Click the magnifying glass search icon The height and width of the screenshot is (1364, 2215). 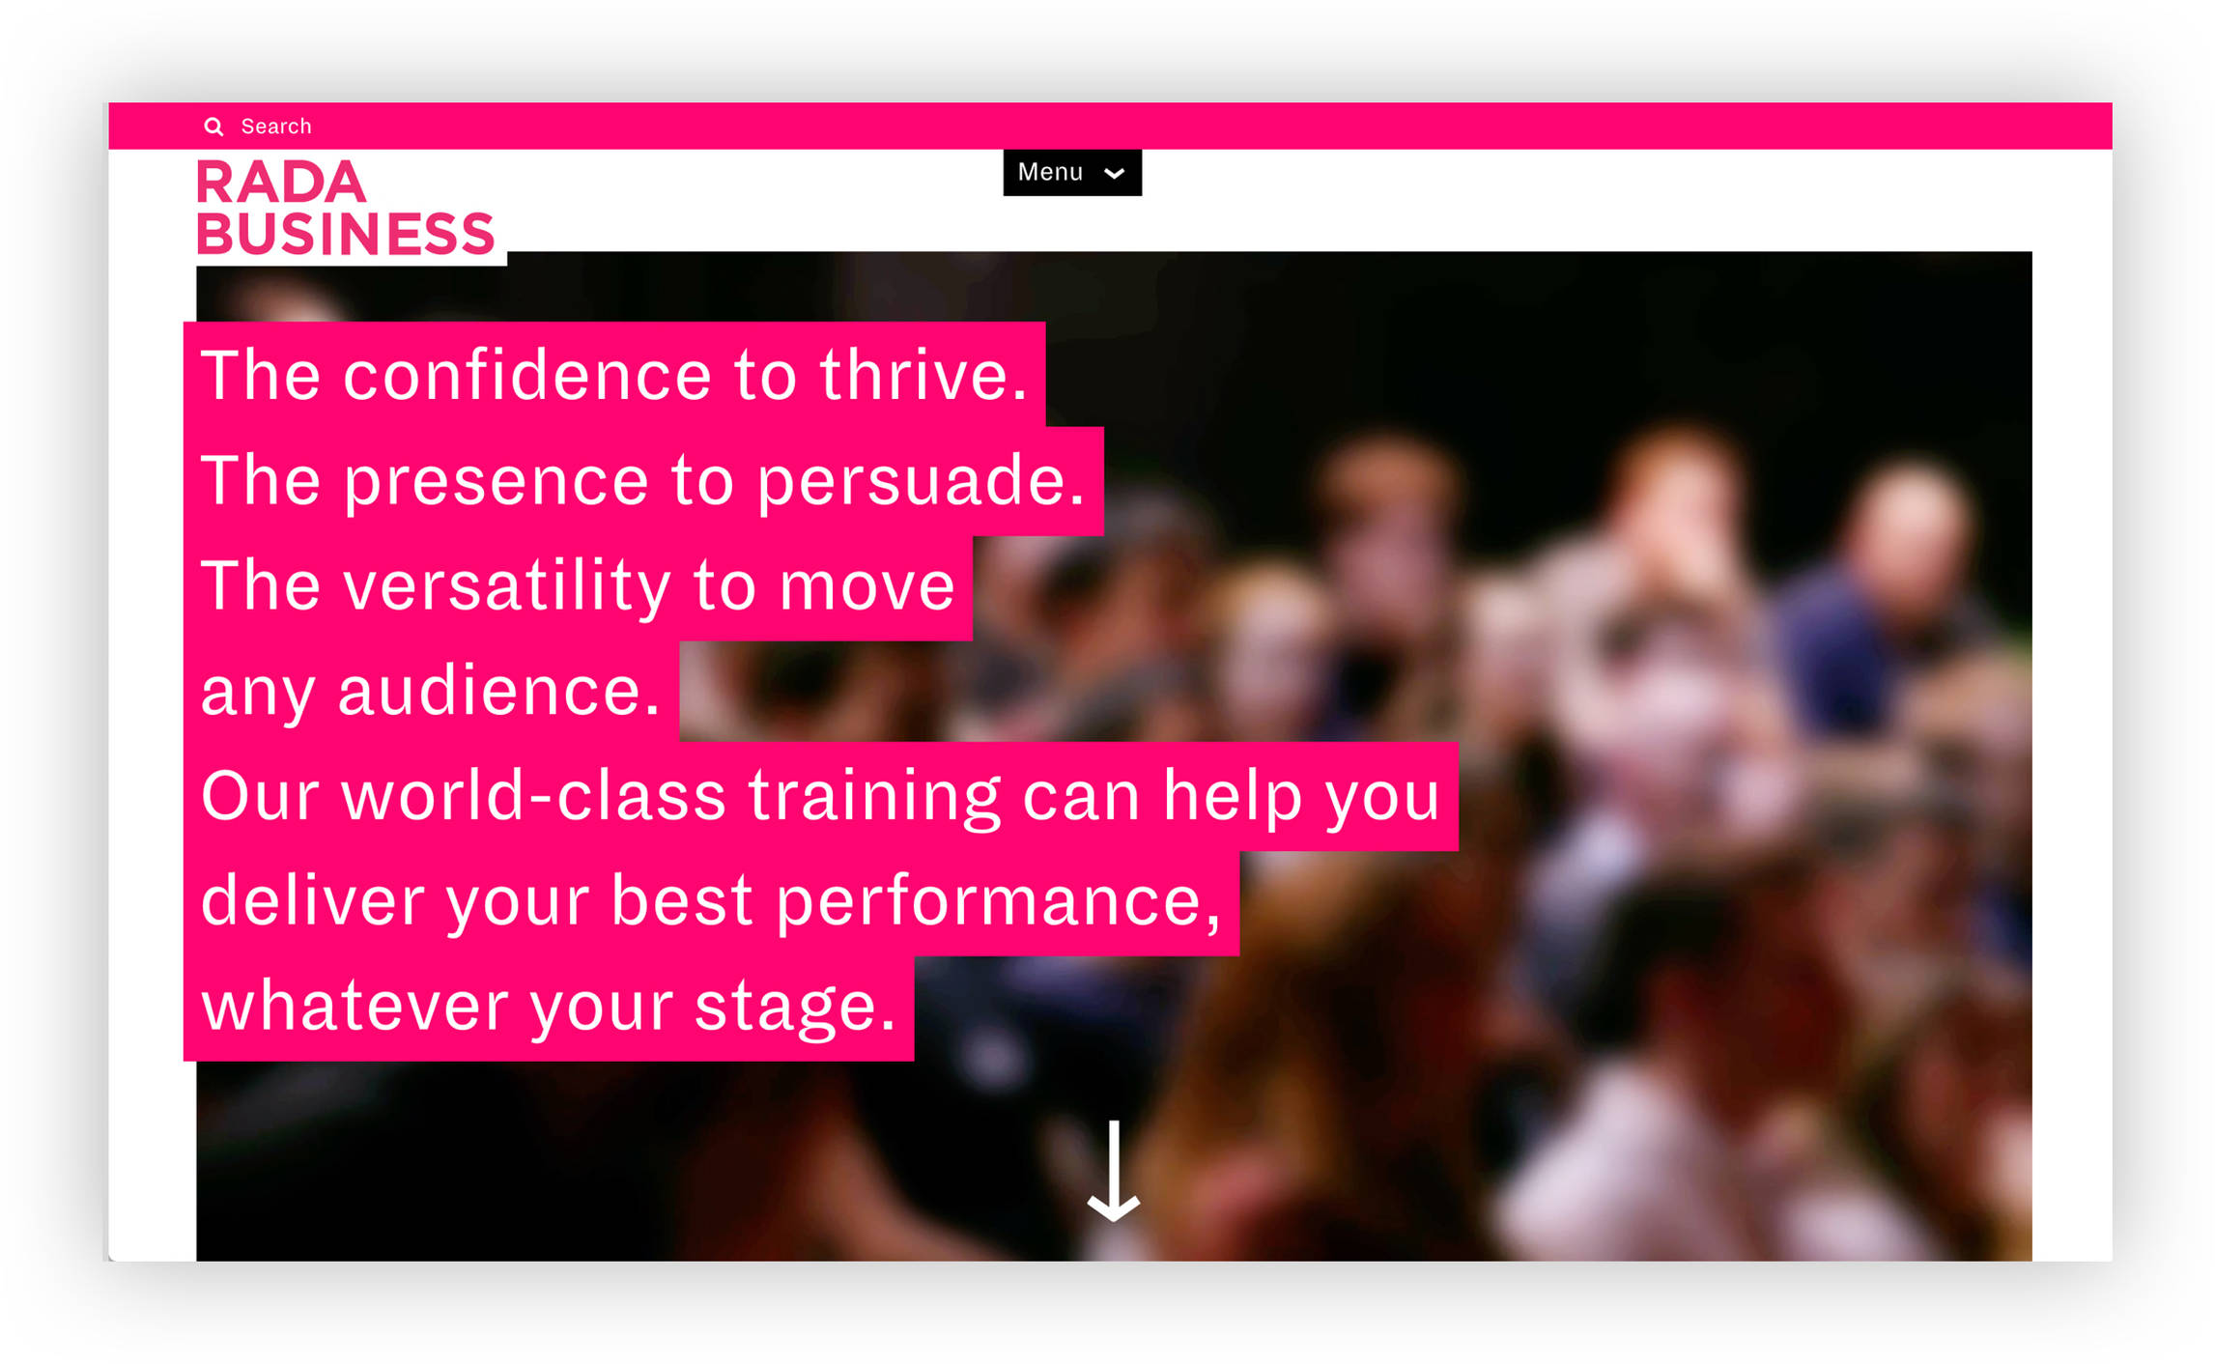pos(213,127)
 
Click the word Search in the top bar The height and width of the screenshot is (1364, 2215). pos(276,127)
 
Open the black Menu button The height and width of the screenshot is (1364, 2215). pos(1072,172)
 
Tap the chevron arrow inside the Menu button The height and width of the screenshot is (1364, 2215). pos(1114,174)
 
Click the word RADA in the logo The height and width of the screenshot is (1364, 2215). pos(281,183)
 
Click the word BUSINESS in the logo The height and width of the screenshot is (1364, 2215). pos(346,234)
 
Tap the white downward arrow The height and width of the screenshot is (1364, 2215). pos(1114,1172)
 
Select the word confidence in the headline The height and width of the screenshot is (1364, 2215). pos(527,375)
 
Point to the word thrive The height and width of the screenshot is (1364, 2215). pos(923,375)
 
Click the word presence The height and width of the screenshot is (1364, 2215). pos(497,481)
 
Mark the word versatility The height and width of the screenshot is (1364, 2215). pos(507,585)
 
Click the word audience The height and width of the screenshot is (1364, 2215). pos(498,691)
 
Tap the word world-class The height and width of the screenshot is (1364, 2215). pos(533,796)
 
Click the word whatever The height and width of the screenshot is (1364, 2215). pos(354,1006)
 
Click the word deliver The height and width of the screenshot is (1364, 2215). pos(312,900)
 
